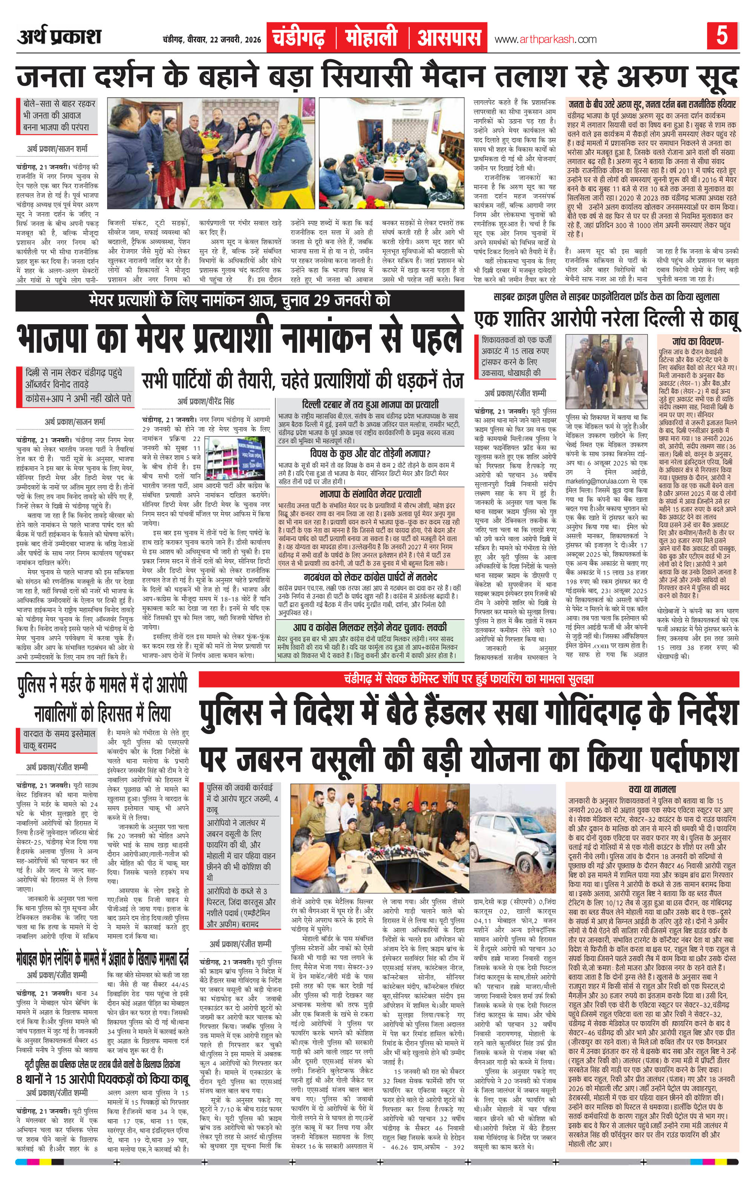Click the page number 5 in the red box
coord(721,37)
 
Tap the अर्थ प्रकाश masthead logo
coord(59,37)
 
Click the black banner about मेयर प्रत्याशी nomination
coord(240,300)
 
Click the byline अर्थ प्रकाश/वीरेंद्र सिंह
coord(207,401)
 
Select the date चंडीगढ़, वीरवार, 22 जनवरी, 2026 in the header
coord(212,40)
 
